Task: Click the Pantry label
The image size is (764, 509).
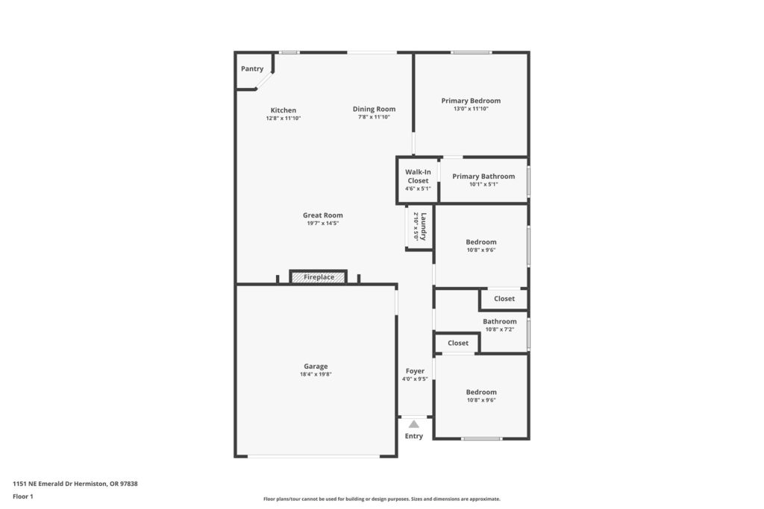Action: pos(252,69)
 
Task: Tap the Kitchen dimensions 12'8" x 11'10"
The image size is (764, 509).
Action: pos(283,118)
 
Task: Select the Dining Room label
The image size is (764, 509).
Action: pos(375,109)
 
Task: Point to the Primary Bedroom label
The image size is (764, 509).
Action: pos(471,101)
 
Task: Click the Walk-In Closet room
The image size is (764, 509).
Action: pos(418,180)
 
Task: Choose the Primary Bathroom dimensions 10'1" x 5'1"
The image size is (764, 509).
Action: pos(483,184)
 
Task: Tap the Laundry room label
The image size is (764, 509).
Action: pos(424,227)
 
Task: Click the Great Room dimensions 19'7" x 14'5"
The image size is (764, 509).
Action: pos(322,224)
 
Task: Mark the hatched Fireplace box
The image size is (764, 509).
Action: pos(319,277)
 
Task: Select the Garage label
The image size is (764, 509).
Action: pos(316,367)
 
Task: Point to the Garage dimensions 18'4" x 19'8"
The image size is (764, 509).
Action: pos(316,374)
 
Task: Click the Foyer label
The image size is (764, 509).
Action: pos(415,371)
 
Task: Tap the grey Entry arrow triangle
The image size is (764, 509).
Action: pos(413,424)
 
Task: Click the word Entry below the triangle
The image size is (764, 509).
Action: pos(413,436)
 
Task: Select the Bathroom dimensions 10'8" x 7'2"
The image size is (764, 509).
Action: pos(500,329)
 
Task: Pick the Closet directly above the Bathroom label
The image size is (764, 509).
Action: pos(504,299)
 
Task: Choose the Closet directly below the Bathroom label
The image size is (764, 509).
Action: pos(458,343)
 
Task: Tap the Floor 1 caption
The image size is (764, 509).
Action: pos(23,496)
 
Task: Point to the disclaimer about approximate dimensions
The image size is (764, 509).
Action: pos(382,499)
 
